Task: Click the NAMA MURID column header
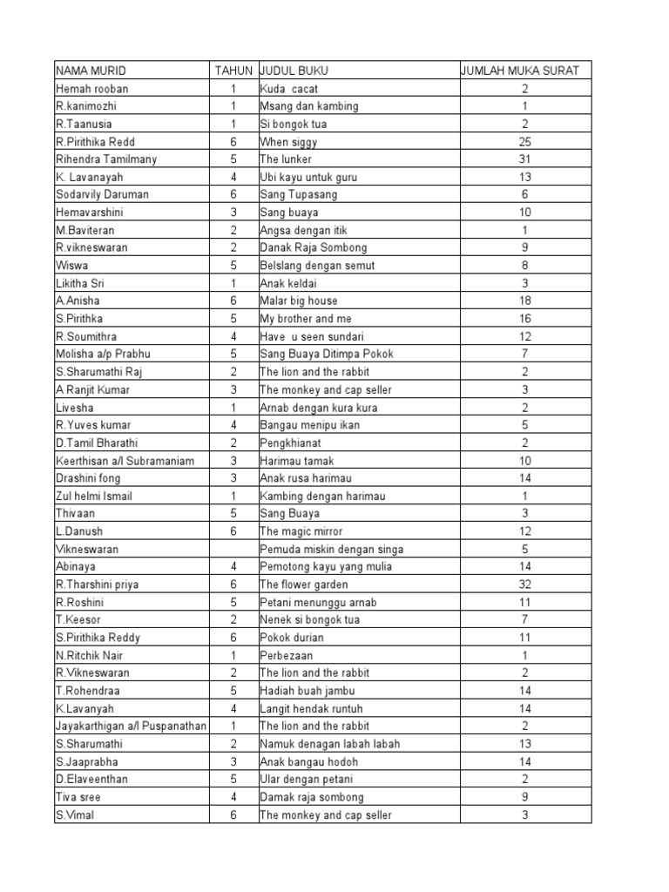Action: pyautogui.click(x=88, y=71)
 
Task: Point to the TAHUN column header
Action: pyautogui.click(x=233, y=71)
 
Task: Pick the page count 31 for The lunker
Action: pyautogui.click(x=524, y=159)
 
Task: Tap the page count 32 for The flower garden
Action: pyautogui.click(x=524, y=585)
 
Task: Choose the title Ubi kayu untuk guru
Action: pyautogui.click(x=308, y=177)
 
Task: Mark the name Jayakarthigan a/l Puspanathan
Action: pyautogui.click(x=131, y=726)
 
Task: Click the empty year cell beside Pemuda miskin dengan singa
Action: pyautogui.click(x=233, y=549)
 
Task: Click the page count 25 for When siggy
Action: pyautogui.click(x=524, y=142)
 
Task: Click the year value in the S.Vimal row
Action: pyautogui.click(x=233, y=814)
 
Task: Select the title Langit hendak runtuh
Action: pyautogui.click(x=311, y=708)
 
